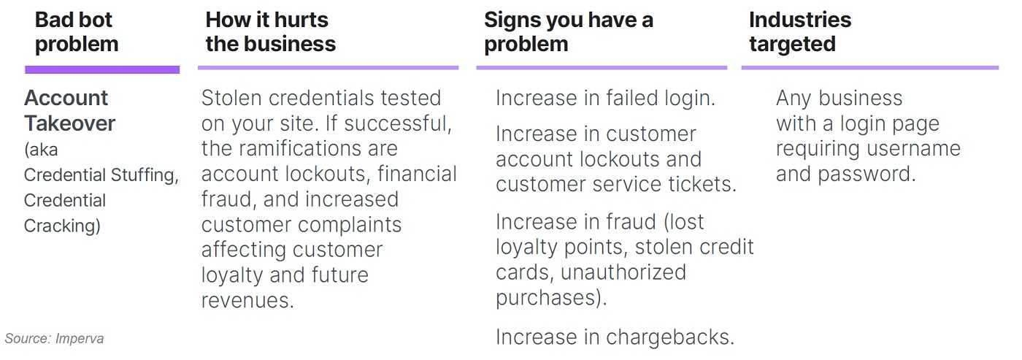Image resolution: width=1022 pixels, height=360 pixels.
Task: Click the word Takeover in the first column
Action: click(x=69, y=123)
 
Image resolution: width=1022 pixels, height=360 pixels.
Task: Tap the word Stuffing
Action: click(x=145, y=175)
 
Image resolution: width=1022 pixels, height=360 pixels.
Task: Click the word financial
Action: click(x=417, y=174)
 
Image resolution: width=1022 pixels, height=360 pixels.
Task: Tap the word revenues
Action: click(x=247, y=301)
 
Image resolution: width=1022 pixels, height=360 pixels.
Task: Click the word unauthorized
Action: click(x=623, y=272)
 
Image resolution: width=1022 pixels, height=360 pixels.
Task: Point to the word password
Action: click(x=867, y=175)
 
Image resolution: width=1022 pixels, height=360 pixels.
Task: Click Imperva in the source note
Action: click(x=80, y=339)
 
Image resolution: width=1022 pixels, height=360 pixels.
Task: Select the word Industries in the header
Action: click(x=800, y=20)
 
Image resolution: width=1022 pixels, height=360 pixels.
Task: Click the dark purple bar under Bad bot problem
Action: click(x=102, y=70)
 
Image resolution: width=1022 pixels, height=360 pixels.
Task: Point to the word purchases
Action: click(x=551, y=298)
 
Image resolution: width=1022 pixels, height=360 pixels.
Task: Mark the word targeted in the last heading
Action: click(x=793, y=45)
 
